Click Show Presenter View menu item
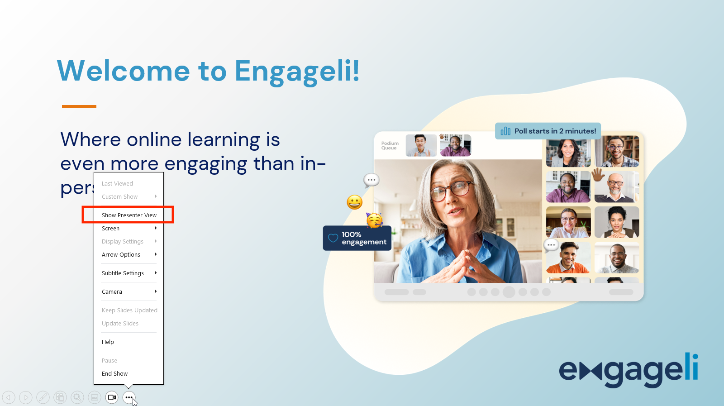tap(129, 215)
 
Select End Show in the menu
tap(115, 373)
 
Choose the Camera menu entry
tap(112, 291)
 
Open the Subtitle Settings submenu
tap(123, 273)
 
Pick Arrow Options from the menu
tap(121, 254)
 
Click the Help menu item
tap(108, 342)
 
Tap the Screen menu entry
tap(111, 228)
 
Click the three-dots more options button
tap(129, 397)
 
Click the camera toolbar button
tap(112, 397)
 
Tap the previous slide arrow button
tap(9, 397)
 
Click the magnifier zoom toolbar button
tap(77, 397)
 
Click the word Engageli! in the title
tap(297, 71)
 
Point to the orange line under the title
tap(79, 106)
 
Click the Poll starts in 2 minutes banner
tap(548, 131)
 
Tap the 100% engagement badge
tap(357, 238)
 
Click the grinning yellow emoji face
tap(355, 202)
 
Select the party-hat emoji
tap(375, 220)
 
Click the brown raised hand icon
tap(598, 174)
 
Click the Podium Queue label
tap(390, 145)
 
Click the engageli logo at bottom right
tap(629, 370)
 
